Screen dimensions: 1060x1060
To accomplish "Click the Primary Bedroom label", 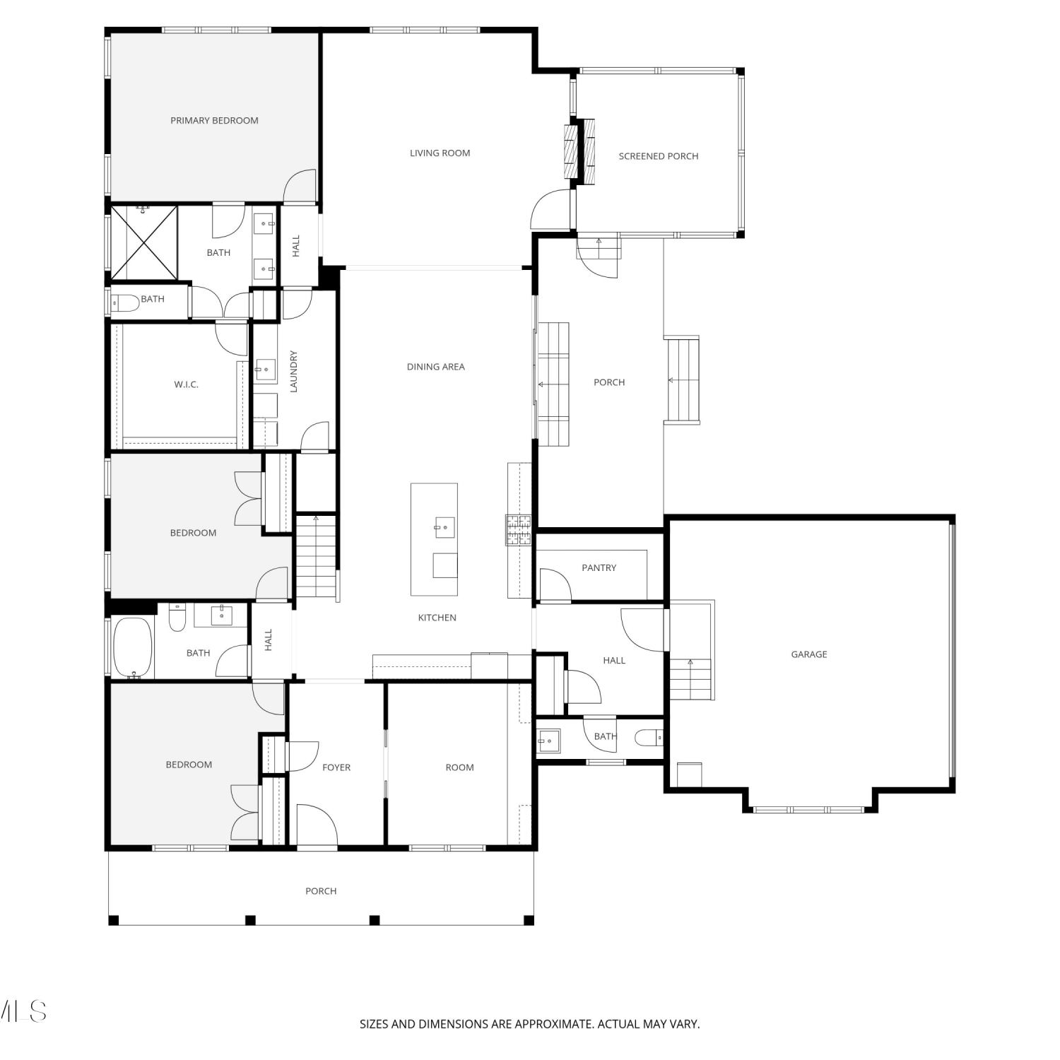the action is point(214,121).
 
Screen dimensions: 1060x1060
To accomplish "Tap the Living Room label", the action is point(440,153).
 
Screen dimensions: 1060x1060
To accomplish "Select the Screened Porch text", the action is point(659,156).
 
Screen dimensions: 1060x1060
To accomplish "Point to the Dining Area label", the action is point(435,367).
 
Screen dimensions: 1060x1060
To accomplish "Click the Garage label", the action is point(809,654).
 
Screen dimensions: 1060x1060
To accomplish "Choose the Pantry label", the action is point(599,567).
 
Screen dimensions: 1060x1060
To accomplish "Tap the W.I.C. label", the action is point(186,384).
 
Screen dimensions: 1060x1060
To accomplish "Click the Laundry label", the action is point(294,372).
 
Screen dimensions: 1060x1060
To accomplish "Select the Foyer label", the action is point(336,767).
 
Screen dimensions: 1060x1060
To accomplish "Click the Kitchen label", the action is point(437,618).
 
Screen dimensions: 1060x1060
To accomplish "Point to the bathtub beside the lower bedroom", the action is point(133,647).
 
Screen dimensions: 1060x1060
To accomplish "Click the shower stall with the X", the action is point(143,242).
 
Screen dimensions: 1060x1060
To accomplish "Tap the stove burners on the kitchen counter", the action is point(518,529).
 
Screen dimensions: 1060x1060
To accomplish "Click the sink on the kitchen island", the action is point(445,527).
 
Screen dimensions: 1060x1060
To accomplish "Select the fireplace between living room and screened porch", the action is point(579,152).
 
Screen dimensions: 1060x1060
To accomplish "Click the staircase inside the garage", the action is point(690,677).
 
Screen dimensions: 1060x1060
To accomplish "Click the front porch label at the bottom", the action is point(321,891).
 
